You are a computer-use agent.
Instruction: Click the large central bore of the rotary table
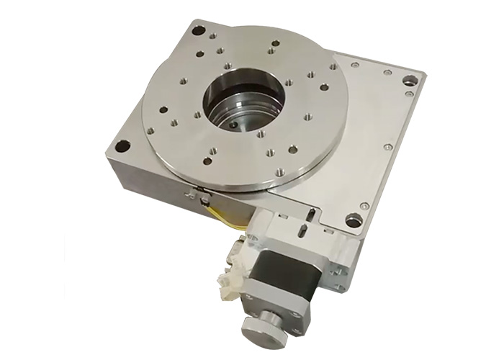click(x=242, y=101)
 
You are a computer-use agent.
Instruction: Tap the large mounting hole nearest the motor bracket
click(x=354, y=220)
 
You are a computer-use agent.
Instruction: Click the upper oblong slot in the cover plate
click(x=309, y=213)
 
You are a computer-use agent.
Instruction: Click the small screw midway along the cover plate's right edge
click(x=388, y=147)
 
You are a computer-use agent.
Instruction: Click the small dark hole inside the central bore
click(x=234, y=124)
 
